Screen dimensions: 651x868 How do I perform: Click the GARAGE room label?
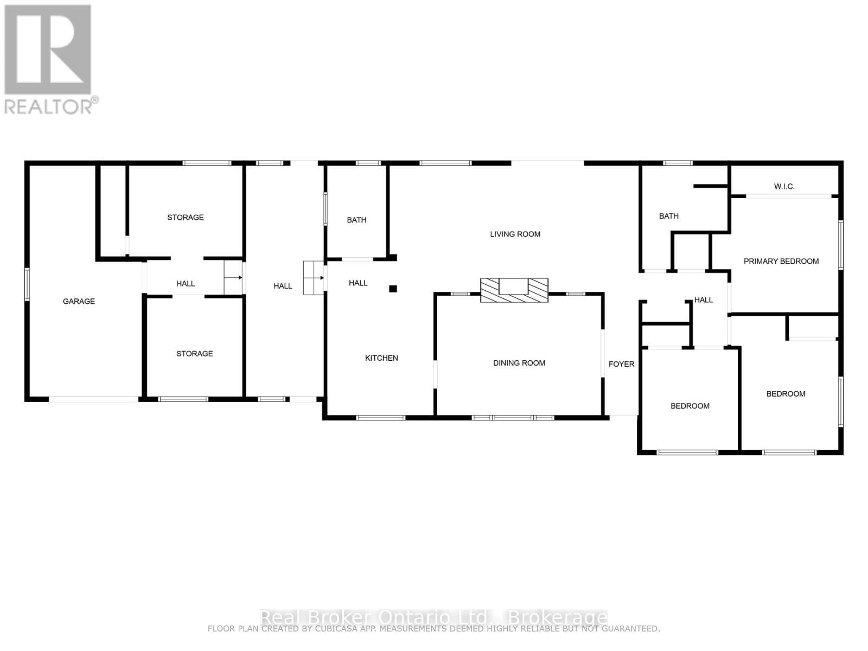[79, 301]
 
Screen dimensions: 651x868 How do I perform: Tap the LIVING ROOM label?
[515, 234]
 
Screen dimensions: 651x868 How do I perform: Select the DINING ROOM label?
[519, 363]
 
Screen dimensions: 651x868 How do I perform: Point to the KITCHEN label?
[381, 358]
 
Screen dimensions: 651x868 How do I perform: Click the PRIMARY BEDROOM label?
[781, 261]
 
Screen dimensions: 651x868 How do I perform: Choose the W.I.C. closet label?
[784, 187]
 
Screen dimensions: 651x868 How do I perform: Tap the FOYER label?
[621, 364]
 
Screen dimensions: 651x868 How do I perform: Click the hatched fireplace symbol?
[514, 290]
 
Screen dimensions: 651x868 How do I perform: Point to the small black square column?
[393, 289]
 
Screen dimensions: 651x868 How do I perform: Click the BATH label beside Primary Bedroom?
[668, 216]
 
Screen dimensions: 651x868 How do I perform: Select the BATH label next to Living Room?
[356, 220]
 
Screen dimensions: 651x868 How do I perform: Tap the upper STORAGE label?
[185, 218]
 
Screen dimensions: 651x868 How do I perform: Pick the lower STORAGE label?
[194, 354]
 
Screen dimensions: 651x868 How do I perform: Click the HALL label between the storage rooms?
[185, 284]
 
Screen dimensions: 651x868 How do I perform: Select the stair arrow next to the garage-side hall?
[234, 277]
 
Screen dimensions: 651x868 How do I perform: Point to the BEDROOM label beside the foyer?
[690, 406]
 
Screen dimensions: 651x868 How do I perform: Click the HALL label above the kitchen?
[358, 283]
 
